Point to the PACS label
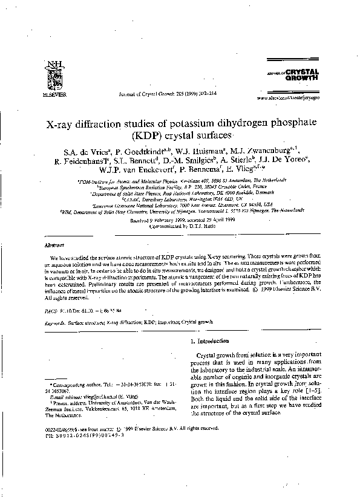(52, 309)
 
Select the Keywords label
(56, 323)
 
